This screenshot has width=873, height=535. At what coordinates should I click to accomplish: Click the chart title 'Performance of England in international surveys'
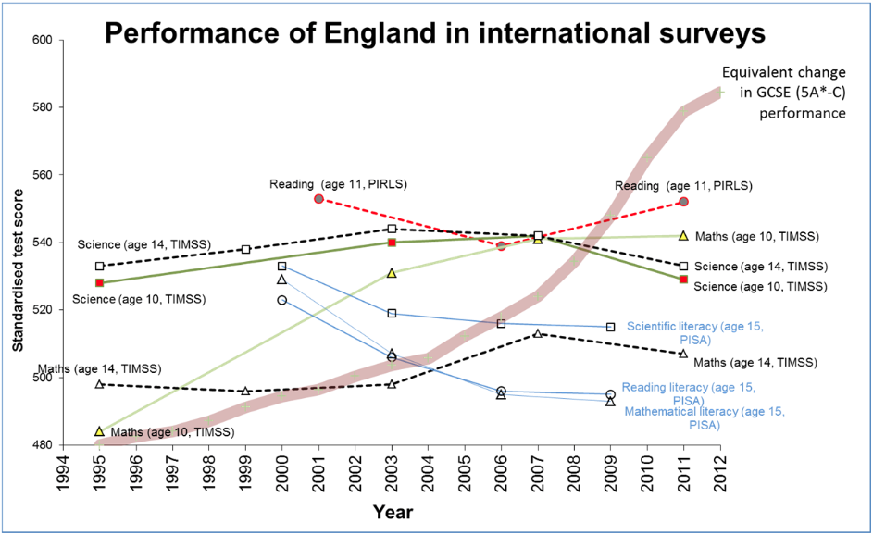pos(434,34)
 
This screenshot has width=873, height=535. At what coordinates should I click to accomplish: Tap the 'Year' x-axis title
pos(393,511)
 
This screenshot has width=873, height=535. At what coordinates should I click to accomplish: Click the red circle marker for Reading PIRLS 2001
pos(318,199)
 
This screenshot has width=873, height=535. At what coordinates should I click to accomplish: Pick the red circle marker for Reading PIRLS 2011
pos(683,202)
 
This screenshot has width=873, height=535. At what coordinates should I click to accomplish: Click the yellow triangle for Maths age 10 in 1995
pos(99,431)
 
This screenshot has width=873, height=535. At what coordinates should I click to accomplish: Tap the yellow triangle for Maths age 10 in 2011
pos(683,236)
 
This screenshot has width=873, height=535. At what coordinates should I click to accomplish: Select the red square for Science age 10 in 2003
pos(392,243)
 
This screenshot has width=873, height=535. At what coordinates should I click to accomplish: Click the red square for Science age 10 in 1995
pos(99,283)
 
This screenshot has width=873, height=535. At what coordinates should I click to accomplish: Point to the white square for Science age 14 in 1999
pos(245,249)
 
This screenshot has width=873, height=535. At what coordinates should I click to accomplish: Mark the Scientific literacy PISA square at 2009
pos(610,327)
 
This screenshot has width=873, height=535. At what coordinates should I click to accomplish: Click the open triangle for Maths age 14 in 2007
pos(537,333)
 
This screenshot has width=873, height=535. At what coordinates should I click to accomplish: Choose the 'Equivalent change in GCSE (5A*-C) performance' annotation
pos(782,93)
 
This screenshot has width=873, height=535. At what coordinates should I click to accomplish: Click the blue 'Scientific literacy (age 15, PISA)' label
pos(697,332)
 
